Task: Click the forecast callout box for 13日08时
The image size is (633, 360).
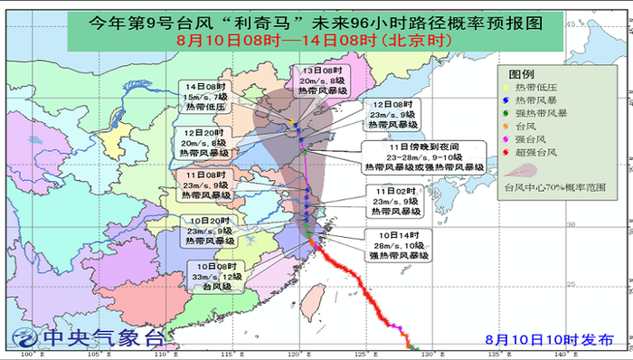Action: (321, 81)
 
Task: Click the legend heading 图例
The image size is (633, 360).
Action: (521, 73)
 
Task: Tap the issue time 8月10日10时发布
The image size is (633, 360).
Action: (549, 339)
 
